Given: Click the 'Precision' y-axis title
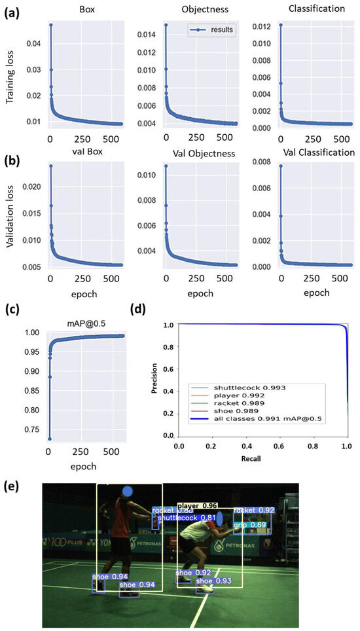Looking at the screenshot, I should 153,379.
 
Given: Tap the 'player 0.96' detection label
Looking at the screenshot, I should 197,506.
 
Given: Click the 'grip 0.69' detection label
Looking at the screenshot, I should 249,525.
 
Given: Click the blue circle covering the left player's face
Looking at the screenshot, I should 128,491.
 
